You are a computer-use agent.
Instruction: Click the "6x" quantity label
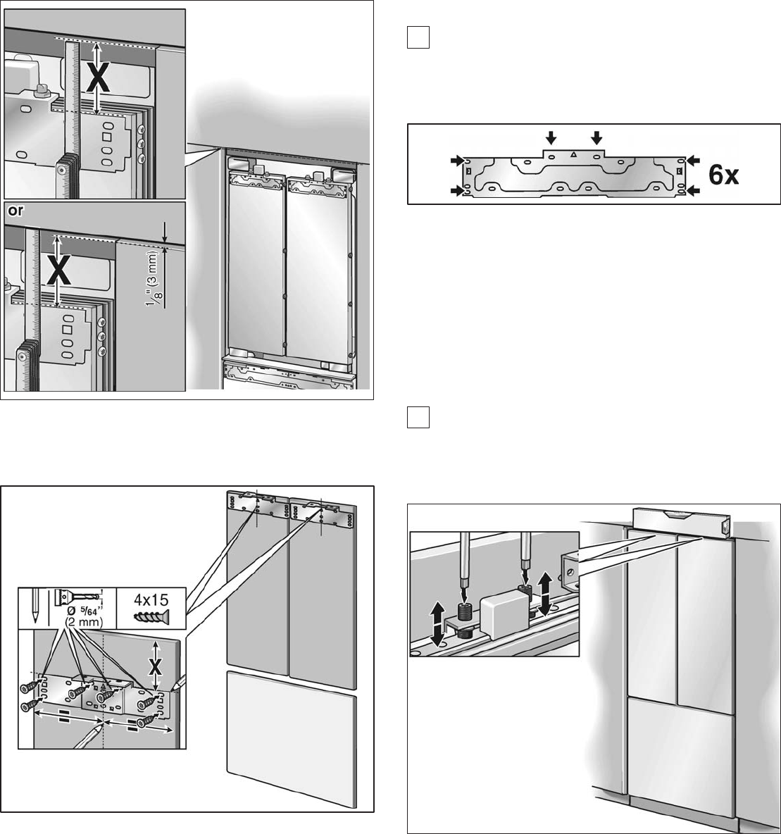[x=723, y=175]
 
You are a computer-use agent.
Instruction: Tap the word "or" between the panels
[x=16, y=211]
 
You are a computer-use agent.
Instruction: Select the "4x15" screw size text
[x=151, y=600]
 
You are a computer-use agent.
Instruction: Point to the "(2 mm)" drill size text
[x=84, y=622]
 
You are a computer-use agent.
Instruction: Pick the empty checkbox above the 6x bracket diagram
[x=418, y=38]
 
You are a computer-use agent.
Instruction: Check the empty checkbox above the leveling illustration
[x=418, y=417]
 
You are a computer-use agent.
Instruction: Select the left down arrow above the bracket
[x=551, y=138]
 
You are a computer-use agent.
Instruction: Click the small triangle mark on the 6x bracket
[x=573, y=154]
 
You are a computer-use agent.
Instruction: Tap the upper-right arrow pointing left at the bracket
[x=693, y=160]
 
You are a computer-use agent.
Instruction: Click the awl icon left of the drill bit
[x=35, y=607]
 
